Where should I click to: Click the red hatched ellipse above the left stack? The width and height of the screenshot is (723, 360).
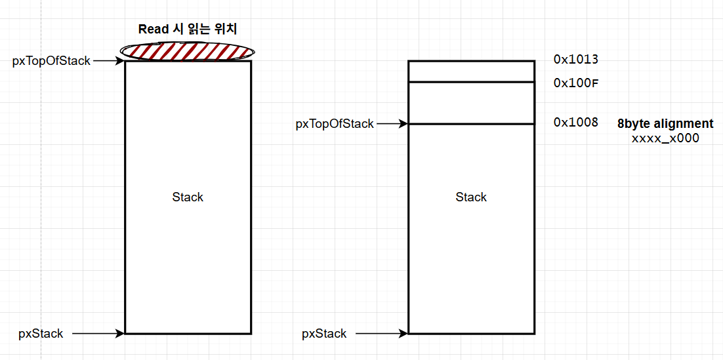click(188, 50)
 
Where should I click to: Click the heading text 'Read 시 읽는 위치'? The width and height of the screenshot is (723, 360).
click(187, 29)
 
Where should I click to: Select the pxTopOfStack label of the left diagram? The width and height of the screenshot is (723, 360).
click(51, 61)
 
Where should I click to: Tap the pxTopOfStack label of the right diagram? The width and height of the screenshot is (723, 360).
click(335, 123)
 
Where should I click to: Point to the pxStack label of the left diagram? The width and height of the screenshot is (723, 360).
click(41, 333)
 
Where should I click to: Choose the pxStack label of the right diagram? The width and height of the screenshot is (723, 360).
click(324, 333)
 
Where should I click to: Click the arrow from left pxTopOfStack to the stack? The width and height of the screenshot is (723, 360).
click(108, 61)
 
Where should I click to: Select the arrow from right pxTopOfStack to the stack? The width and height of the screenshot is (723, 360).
click(392, 123)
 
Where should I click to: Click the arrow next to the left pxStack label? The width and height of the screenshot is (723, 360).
click(98, 333)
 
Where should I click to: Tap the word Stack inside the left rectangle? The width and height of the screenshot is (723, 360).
click(188, 197)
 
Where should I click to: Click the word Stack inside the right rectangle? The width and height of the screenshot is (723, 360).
click(471, 197)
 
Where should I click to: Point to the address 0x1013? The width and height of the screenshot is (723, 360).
click(576, 60)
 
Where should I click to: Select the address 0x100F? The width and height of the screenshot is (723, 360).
click(576, 83)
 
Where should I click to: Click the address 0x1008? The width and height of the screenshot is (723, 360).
click(576, 122)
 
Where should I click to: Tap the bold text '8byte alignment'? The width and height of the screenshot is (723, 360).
click(665, 124)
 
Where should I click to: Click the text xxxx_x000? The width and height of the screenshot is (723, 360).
click(665, 138)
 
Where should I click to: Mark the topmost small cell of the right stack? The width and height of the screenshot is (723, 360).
click(471, 71)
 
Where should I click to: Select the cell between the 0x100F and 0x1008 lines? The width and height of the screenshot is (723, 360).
click(471, 103)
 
